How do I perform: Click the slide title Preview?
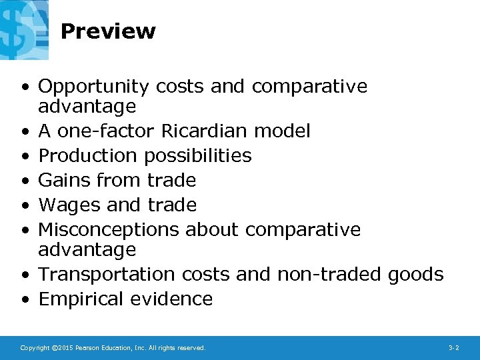click(x=108, y=31)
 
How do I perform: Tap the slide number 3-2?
click(x=454, y=348)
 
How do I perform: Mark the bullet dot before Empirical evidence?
click(x=25, y=299)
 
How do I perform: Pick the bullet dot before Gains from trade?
click(x=25, y=181)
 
